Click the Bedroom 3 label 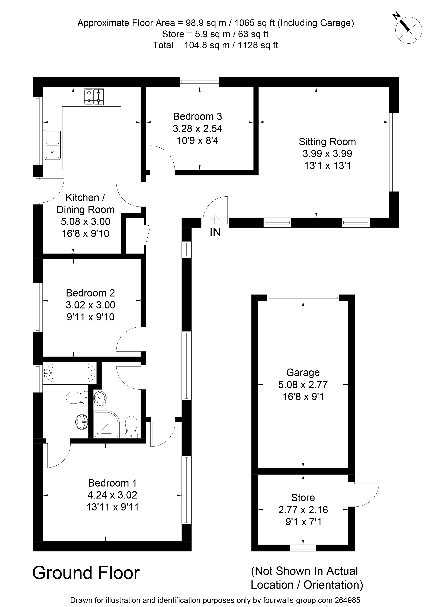tap(198, 117)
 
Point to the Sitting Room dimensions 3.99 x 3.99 tap(327, 154)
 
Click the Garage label tap(303, 373)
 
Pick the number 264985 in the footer tap(347, 600)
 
